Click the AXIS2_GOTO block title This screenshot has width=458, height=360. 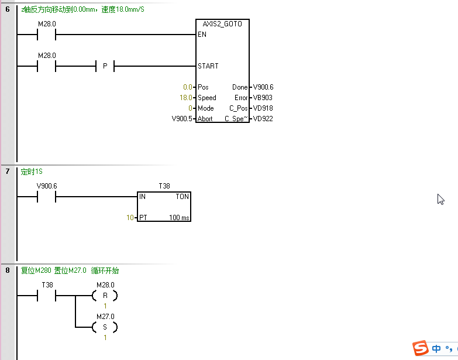pyautogui.click(x=223, y=24)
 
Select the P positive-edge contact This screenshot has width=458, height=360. pyautogui.click(x=105, y=66)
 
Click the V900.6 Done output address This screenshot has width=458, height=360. pyautogui.click(x=263, y=87)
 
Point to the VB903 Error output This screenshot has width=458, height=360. pyautogui.click(x=263, y=98)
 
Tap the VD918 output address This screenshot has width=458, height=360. pyautogui.click(x=263, y=108)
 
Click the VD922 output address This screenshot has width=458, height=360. pyautogui.click(x=263, y=119)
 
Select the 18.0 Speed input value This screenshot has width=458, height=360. pyautogui.click(x=186, y=98)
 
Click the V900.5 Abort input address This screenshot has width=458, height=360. pyautogui.click(x=182, y=119)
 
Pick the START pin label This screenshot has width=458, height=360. pyautogui.click(x=208, y=66)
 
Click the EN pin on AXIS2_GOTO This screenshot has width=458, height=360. pyautogui.click(x=202, y=35)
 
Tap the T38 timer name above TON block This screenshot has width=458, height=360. pyautogui.click(x=164, y=186)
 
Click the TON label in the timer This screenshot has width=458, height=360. pyautogui.click(x=182, y=197)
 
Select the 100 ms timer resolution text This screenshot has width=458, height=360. pyautogui.click(x=179, y=218)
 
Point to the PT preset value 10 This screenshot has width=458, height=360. pyautogui.click(x=130, y=218)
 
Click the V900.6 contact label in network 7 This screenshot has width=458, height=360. pyautogui.click(x=47, y=186)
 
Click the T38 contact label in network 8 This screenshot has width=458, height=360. pyautogui.click(x=47, y=285)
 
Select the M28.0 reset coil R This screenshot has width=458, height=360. pyautogui.click(x=105, y=296)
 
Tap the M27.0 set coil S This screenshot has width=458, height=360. pyautogui.click(x=105, y=327)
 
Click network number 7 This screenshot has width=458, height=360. pyautogui.click(x=8, y=172)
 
